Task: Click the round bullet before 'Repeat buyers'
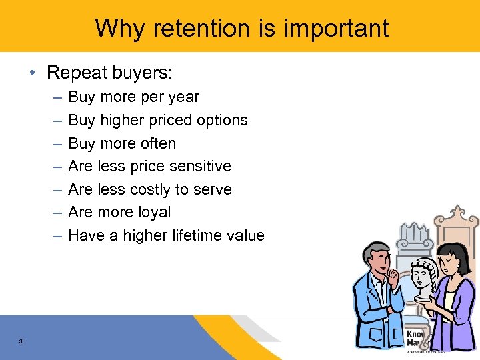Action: click(35, 72)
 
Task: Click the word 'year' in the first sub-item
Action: click(183, 97)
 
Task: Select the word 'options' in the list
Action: click(223, 121)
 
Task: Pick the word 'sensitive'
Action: click(201, 166)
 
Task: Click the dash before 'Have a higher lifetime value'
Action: click(57, 235)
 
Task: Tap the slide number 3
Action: click(21, 342)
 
